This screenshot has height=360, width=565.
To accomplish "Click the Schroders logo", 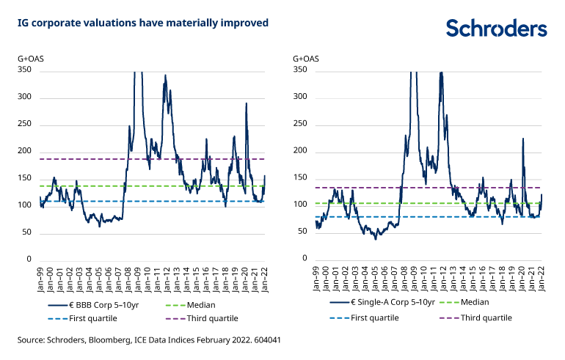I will click(497, 28).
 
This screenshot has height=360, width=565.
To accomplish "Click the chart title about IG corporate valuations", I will click(143, 23).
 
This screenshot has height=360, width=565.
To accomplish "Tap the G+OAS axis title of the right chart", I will click(307, 57).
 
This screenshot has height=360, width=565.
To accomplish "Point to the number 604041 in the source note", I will click(266, 341).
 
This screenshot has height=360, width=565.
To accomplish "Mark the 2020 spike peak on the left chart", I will click(247, 103).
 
